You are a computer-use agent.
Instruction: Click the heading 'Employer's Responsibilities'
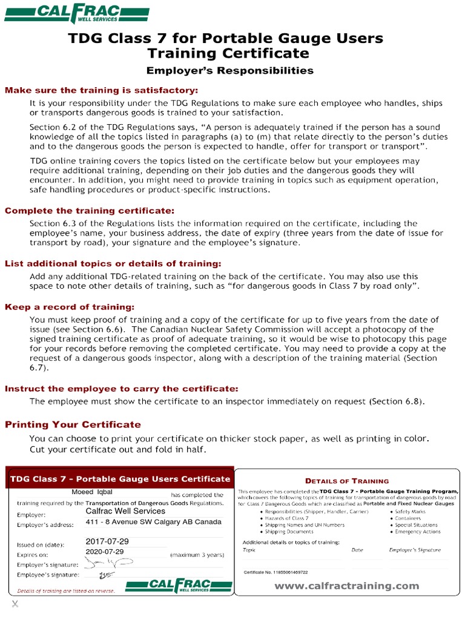tap(229, 71)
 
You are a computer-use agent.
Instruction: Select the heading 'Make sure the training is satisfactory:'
tap(101, 90)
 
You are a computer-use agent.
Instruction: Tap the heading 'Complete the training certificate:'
tap(89, 211)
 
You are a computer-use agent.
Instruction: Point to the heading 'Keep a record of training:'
tap(70, 307)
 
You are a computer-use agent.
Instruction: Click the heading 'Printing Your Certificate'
tap(73, 424)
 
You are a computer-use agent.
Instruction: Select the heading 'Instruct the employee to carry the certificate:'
tap(121, 388)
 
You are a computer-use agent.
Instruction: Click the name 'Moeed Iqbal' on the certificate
tap(92, 492)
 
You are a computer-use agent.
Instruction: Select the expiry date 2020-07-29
tap(105, 552)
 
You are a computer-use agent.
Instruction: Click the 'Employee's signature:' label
tap(48, 574)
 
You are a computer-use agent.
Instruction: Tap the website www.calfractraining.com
tap(346, 585)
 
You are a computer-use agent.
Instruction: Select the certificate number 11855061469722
tap(275, 572)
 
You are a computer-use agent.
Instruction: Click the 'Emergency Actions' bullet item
tap(417, 532)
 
